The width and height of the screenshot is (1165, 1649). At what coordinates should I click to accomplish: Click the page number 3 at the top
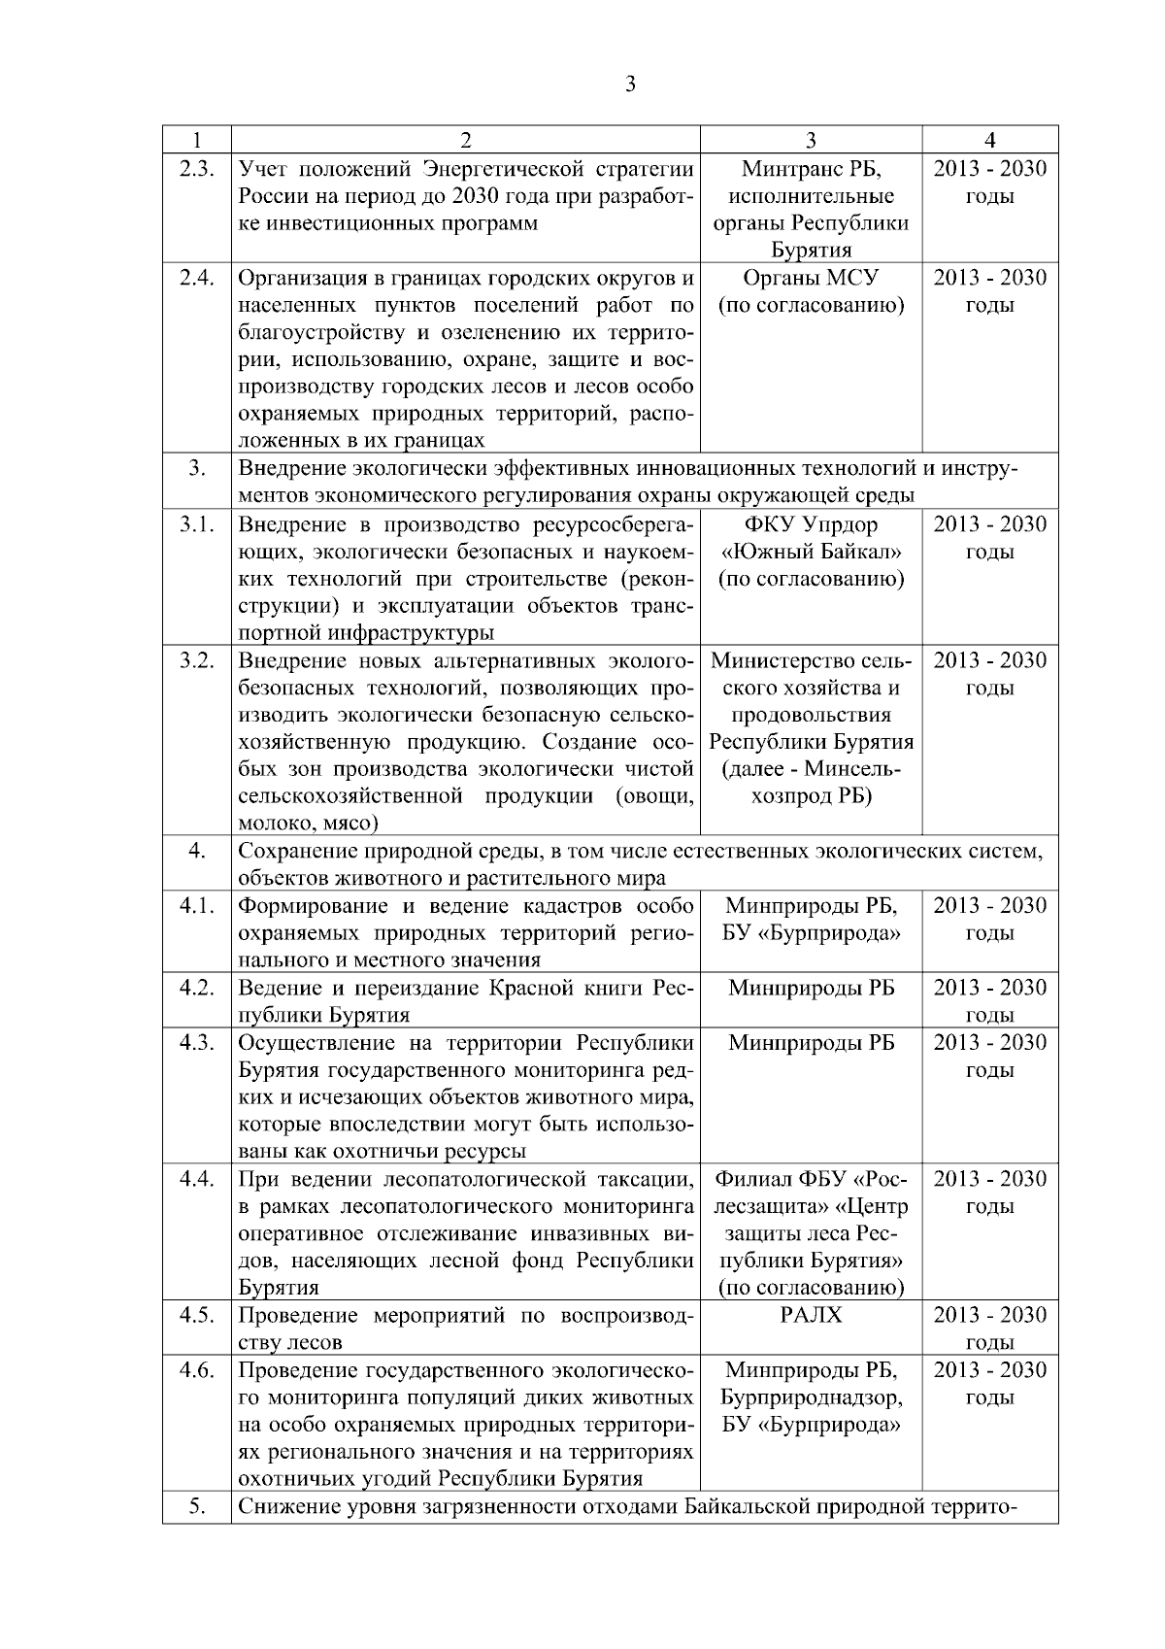(x=630, y=84)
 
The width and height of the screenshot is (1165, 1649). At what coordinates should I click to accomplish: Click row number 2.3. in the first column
(x=197, y=169)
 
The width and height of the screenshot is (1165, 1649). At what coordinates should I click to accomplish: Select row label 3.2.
(x=197, y=660)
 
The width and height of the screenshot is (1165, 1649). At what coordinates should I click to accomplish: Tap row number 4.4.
(x=197, y=1179)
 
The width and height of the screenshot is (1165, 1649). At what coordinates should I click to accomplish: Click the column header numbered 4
(x=989, y=140)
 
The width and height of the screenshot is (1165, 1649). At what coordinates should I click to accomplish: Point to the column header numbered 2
(x=466, y=140)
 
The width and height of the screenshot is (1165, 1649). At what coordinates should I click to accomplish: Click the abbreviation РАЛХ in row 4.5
(x=811, y=1315)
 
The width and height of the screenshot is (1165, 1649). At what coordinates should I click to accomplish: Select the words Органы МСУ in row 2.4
(x=811, y=278)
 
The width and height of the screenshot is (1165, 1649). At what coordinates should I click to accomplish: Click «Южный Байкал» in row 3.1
(x=811, y=552)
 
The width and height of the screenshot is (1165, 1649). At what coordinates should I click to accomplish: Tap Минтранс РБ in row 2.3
(x=811, y=169)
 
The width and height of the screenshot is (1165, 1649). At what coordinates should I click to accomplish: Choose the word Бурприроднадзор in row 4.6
(x=811, y=1397)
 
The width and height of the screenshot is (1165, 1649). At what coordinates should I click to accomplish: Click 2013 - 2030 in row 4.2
(x=989, y=988)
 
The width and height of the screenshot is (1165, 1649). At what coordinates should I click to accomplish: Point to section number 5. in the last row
(x=197, y=1507)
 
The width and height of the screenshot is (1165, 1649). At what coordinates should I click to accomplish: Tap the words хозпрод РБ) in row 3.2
(x=811, y=796)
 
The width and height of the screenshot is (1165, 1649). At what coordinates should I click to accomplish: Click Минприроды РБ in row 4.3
(x=811, y=1043)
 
